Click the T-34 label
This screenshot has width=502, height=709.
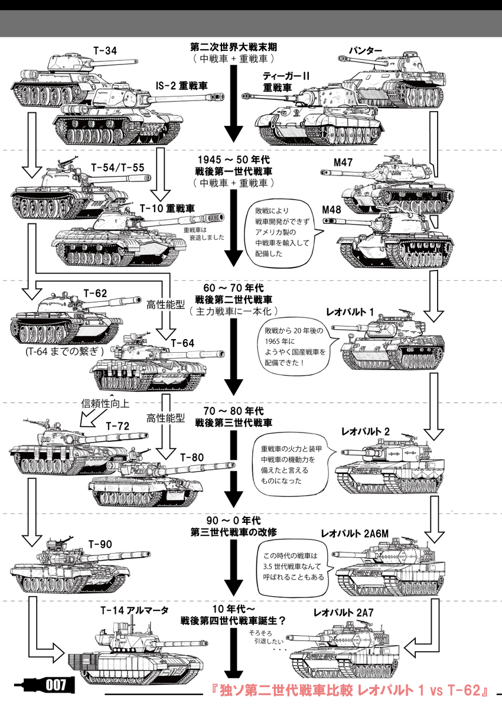tap(106, 51)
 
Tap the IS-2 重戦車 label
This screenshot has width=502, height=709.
tap(182, 86)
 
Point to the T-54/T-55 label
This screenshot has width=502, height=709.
tap(118, 167)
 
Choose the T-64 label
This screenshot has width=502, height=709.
tap(182, 343)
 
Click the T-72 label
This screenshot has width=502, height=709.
tap(118, 425)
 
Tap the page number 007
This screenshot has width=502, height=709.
tap(55, 685)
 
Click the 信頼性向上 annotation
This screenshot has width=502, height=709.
tap(105, 404)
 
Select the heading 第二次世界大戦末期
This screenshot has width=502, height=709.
tap(234, 47)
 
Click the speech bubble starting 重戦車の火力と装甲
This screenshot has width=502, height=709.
tap(289, 463)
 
